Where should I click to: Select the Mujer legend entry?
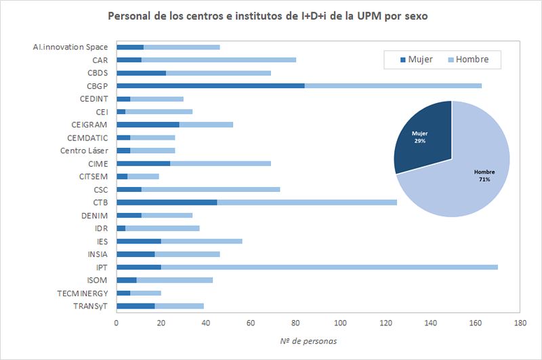(414, 60)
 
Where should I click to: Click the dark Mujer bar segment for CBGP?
(210, 85)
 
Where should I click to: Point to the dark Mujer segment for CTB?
(167, 202)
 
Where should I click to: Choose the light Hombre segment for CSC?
(211, 189)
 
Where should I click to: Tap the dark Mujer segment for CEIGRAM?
(148, 124)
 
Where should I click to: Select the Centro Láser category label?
(84, 150)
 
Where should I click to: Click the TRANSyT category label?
(88, 306)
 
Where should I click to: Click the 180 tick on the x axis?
(520, 323)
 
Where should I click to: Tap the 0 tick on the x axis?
(117, 323)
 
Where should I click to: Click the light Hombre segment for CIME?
(220, 163)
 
